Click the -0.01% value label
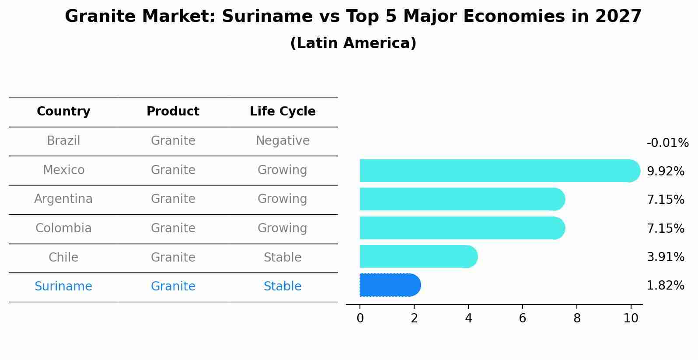point(667,143)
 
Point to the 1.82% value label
point(665,286)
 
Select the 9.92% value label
point(665,171)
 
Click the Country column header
point(63,112)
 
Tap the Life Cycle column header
point(283,112)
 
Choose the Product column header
point(173,112)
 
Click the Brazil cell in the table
point(63,141)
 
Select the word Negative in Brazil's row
point(283,141)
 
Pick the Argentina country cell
point(63,199)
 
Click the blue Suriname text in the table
point(63,287)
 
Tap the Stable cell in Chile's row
point(283,257)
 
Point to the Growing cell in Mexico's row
point(283,170)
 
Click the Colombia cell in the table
point(63,228)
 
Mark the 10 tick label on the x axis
point(631,318)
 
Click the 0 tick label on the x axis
point(360,318)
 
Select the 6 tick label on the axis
point(522,318)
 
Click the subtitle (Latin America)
point(353,43)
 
